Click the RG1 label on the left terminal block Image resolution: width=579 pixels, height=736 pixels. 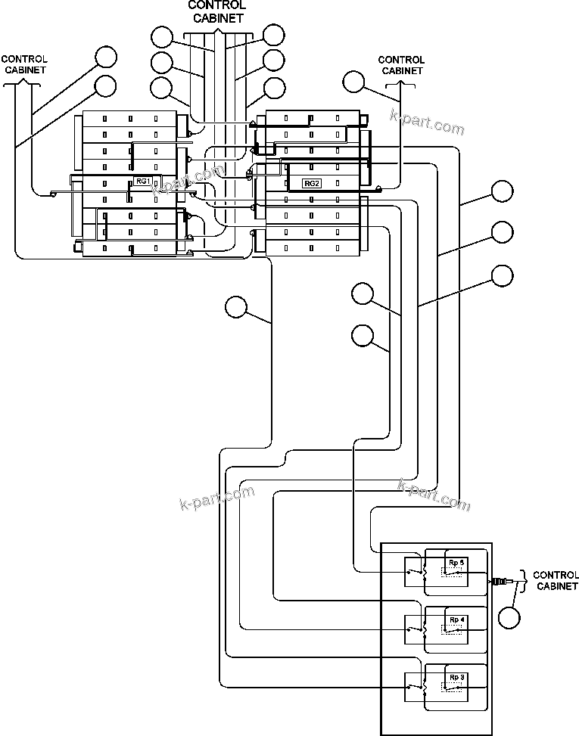click(144, 181)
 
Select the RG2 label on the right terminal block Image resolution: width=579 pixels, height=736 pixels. click(312, 183)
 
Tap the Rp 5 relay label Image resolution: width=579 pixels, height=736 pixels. click(456, 563)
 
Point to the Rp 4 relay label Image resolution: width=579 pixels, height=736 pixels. click(456, 620)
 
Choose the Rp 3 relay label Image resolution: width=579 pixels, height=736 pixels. click(456, 676)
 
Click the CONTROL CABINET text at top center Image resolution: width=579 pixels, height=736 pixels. click(216, 11)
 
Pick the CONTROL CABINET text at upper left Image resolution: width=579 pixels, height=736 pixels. click(24, 64)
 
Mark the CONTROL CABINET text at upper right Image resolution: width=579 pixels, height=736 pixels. click(401, 65)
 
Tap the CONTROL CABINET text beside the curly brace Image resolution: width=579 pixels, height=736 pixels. click(556, 580)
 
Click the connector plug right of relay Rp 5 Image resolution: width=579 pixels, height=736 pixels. click(500, 582)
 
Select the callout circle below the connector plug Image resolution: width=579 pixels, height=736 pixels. click(510, 617)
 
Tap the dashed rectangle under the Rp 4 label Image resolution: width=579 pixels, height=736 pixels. click(455, 629)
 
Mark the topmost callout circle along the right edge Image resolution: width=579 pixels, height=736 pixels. click(503, 191)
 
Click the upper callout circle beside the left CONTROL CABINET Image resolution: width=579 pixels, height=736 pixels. click(106, 57)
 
